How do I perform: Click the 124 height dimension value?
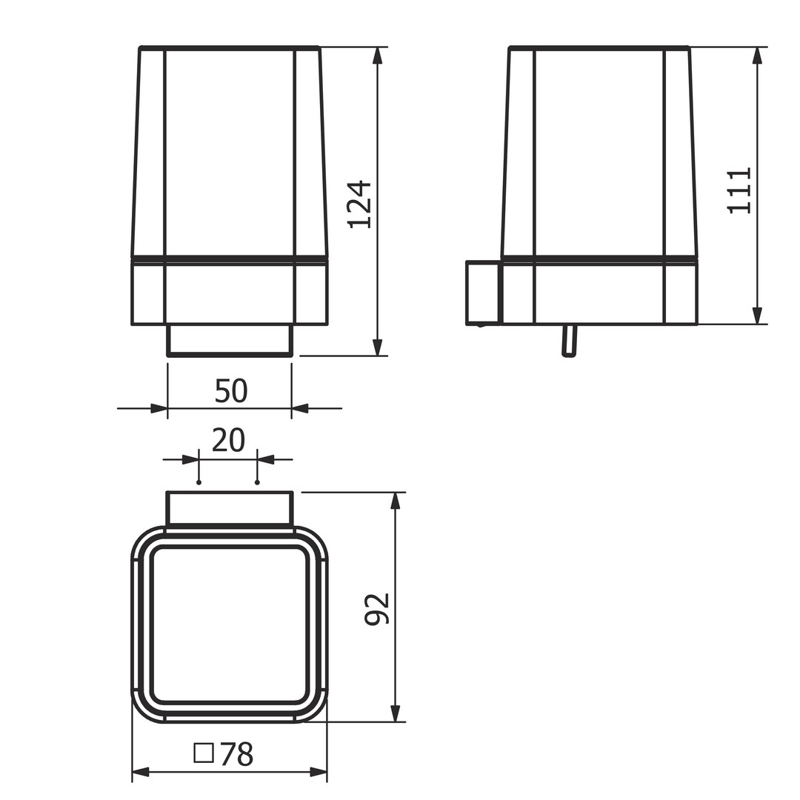point(360,204)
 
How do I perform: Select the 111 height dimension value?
point(739,190)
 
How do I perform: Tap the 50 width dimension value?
point(231,391)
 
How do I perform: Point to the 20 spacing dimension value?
point(228,440)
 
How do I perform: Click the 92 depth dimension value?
point(378,609)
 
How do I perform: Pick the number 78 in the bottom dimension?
point(237,755)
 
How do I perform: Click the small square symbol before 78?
point(204,753)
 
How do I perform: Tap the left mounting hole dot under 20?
point(199,482)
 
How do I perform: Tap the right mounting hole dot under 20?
point(257,482)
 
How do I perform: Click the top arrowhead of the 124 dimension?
point(378,56)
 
